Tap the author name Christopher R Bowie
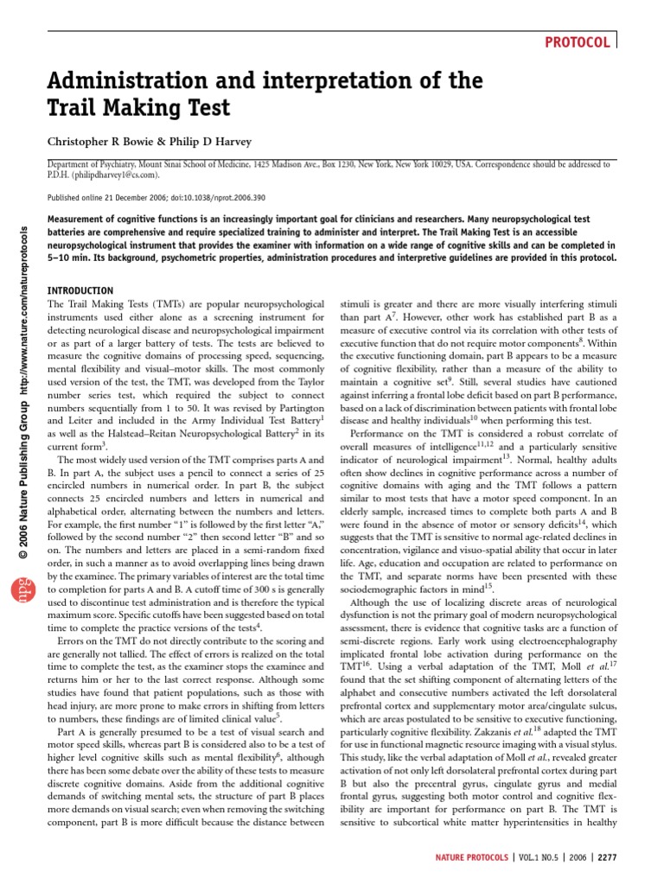click(x=106, y=141)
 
